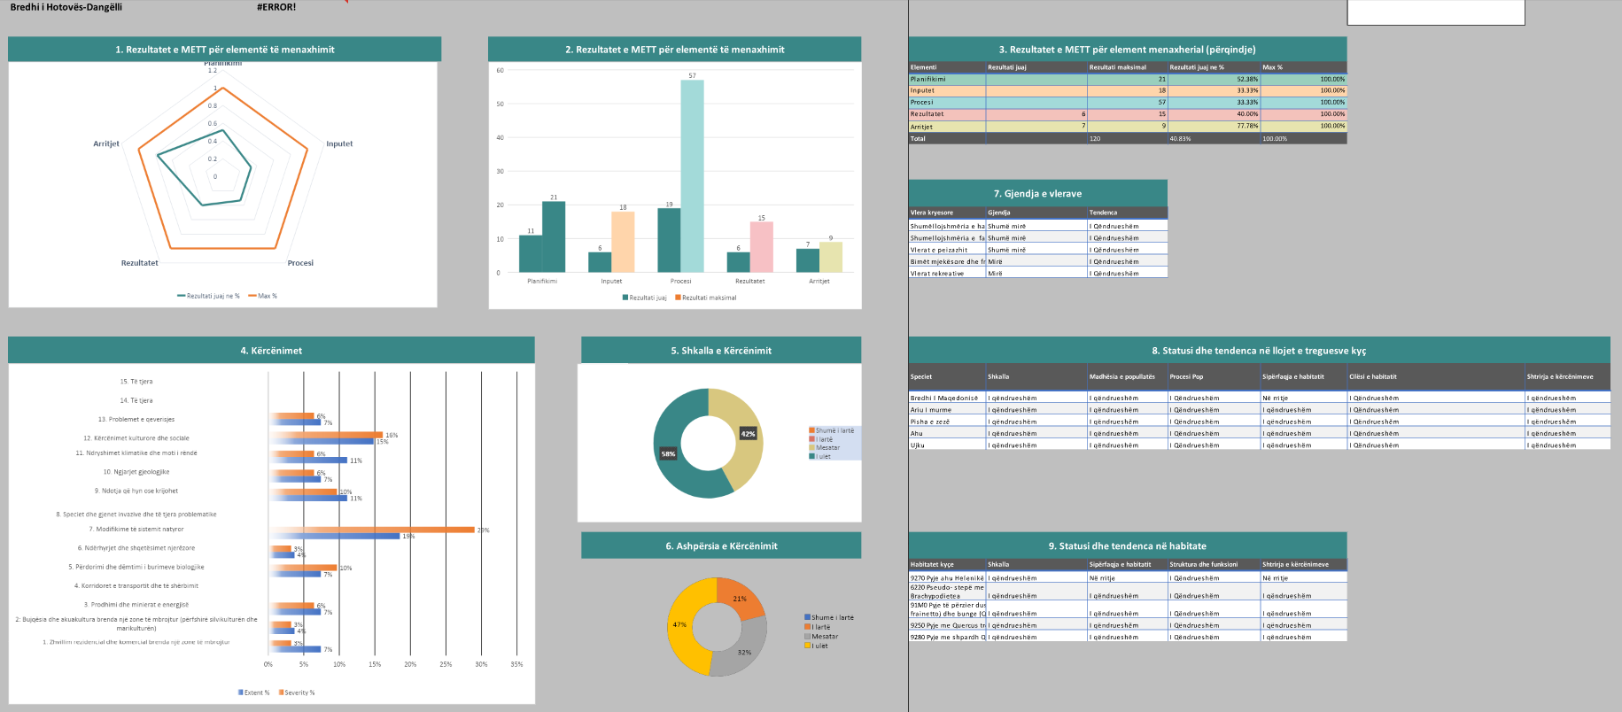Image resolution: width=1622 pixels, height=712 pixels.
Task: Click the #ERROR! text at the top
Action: (276, 7)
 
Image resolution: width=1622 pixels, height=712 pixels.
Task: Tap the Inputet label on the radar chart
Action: (339, 143)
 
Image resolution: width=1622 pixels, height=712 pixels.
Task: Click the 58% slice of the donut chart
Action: (673, 460)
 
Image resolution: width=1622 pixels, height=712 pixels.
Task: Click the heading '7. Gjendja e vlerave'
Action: (1037, 193)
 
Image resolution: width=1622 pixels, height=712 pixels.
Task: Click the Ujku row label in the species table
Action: (918, 445)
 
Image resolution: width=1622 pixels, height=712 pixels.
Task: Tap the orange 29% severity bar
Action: (372, 530)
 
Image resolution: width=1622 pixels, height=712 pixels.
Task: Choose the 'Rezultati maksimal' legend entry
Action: (709, 298)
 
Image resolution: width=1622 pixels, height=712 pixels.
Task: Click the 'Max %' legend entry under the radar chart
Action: (267, 296)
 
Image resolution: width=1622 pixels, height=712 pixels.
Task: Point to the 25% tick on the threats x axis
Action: (446, 664)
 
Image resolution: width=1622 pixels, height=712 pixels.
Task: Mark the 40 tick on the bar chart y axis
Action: (501, 137)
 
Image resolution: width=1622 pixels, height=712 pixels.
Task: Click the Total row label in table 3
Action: (919, 139)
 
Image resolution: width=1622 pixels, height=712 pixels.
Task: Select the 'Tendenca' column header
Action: (1103, 213)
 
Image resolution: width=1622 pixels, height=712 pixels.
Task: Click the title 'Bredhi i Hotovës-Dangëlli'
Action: (66, 7)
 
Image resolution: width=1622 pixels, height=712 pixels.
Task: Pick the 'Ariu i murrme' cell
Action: (931, 410)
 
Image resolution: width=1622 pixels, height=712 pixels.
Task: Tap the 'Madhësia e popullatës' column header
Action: (1121, 376)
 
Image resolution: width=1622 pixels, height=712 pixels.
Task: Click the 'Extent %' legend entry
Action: (256, 693)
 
